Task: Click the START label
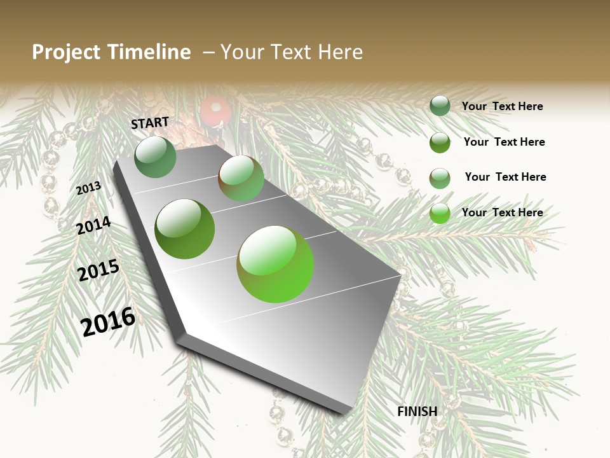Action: (150, 123)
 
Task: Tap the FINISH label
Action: (417, 412)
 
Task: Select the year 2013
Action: (88, 188)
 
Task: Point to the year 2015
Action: (98, 270)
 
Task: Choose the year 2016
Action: (108, 321)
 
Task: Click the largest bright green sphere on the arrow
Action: (275, 264)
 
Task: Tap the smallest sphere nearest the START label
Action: (156, 156)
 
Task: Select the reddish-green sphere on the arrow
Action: (241, 178)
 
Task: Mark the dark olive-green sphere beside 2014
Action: (185, 229)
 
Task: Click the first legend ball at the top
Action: (440, 106)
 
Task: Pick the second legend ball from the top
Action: (440, 142)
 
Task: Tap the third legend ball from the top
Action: (440, 178)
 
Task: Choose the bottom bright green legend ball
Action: (440, 213)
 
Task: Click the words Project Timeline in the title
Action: (111, 52)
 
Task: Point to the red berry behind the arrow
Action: (215, 111)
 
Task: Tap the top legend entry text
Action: (502, 106)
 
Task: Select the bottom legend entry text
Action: (502, 212)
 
